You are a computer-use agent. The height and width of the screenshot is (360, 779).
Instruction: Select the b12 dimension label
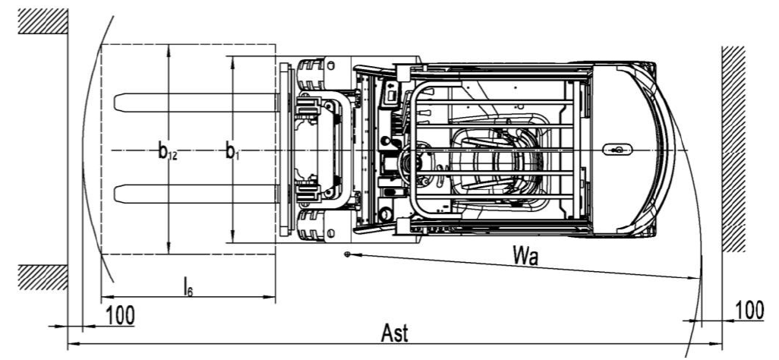point(169,151)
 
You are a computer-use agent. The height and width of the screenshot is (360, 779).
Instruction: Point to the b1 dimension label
point(232,151)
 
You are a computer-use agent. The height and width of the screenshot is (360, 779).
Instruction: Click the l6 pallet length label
point(187,286)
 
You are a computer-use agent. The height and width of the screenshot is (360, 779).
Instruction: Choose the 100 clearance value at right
point(750,309)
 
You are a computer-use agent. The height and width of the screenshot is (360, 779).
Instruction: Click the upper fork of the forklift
point(194,101)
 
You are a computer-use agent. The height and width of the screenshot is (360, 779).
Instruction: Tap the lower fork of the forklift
point(194,193)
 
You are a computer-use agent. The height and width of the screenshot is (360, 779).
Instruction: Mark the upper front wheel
point(314,74)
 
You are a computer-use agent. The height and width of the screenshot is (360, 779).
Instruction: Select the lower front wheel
point(314,226)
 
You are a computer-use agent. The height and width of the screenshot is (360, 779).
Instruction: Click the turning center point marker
point(347,254)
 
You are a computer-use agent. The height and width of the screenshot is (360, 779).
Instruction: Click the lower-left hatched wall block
point(43,277)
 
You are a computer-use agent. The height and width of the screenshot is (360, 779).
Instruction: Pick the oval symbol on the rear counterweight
point(617,150)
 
